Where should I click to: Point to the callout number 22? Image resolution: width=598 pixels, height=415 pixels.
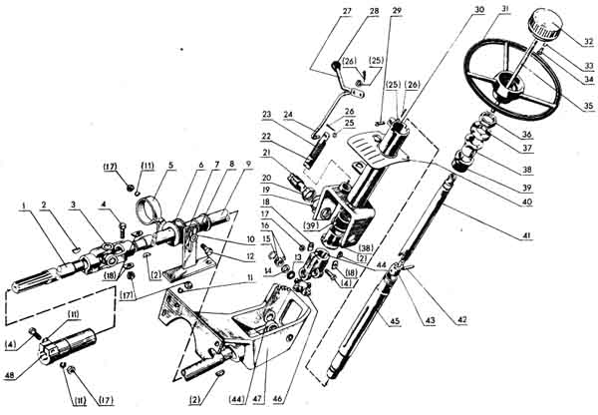(x=266, y=137)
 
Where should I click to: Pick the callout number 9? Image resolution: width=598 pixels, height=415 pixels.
(x=236, y=165)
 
